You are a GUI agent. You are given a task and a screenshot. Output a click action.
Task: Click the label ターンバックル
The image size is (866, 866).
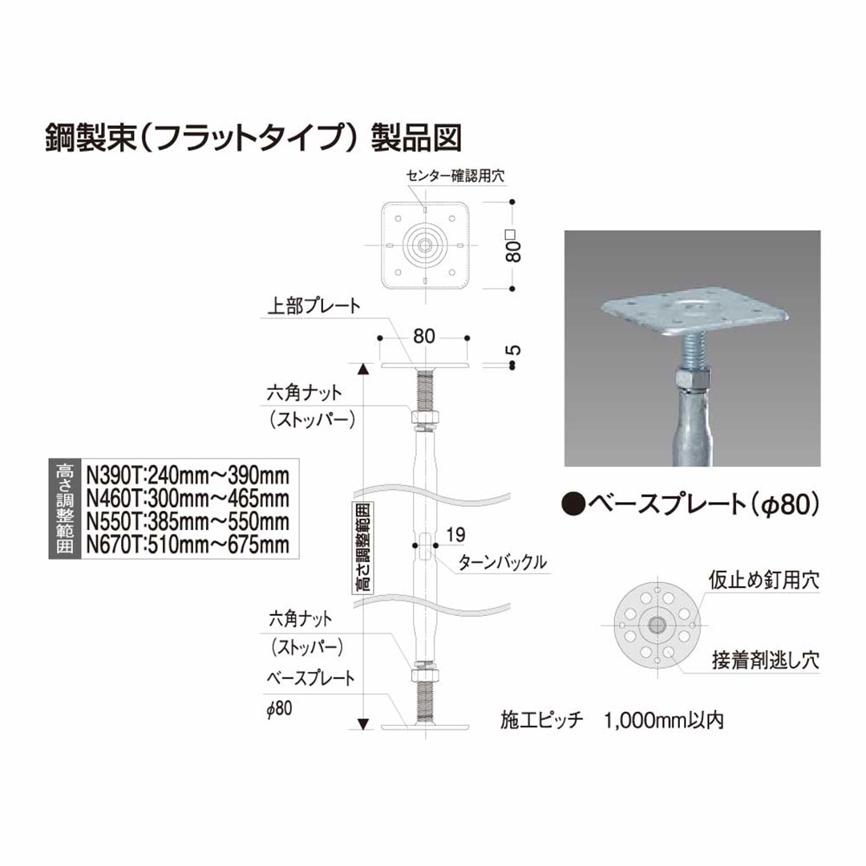pos(503,562)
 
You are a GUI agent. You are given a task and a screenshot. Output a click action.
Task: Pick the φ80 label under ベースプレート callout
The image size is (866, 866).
pos(283,706)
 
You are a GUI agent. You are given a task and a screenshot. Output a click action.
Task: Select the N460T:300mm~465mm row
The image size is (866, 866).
pos(187,497)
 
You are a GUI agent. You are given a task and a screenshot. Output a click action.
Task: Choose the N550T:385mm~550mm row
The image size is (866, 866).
pos(187,522)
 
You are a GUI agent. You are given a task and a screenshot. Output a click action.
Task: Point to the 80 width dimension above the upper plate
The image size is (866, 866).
pos(424,337)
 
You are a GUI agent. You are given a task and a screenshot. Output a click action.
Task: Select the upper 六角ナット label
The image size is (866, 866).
pos(304,393)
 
